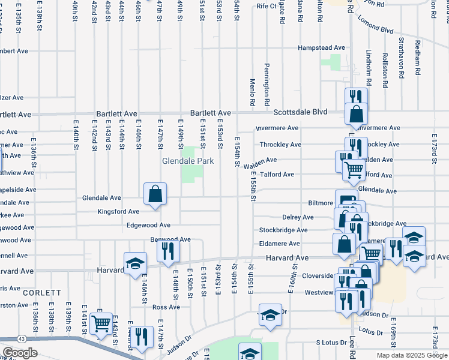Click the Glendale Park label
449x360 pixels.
click(x=185, y=161)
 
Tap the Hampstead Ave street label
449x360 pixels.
click(x=323, y=47)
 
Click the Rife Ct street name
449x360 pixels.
click(x=266, y=6)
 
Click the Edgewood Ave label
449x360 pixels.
click(x=148, y=225)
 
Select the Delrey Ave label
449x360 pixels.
click(x=298, y=217)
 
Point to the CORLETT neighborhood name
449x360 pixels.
click(x=42, y=292)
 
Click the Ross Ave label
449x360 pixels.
click(x=166, y=307)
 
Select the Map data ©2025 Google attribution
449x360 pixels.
click(x=411, y=355)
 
